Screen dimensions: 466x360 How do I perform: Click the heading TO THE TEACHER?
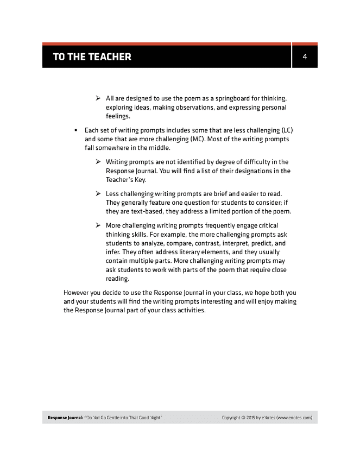pos(92,56)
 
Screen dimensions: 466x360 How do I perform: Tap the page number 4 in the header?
pos(305,56)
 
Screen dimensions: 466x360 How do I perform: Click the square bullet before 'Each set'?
pos(75,131)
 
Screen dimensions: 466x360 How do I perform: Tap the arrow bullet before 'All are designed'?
pos(98,98)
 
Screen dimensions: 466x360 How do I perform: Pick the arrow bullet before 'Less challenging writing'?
pos(98,194)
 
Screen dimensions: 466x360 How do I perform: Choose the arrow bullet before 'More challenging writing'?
pos(98,225)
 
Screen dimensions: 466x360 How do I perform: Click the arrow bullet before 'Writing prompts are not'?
pos(98,162)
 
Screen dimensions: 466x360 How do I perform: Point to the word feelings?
pos(118,116)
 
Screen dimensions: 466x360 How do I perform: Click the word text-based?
pos(154,211)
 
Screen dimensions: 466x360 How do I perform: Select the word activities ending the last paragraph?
pos(191,311)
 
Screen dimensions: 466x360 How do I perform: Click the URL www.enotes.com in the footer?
pos(294,418)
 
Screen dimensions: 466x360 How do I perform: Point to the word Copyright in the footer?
pos(233,418)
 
